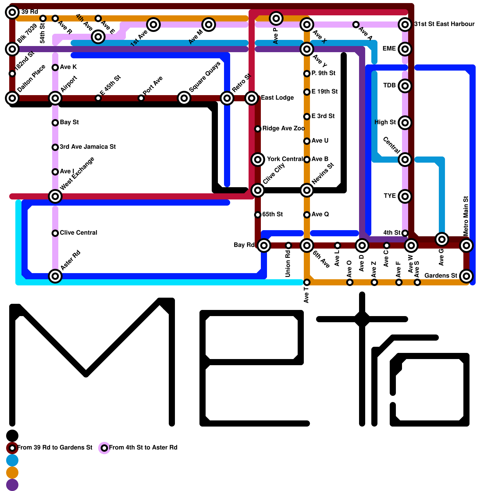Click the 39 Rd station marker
(x=12, y=12)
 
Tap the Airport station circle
(x=55, y=98)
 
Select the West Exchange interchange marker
(x=55, y=196)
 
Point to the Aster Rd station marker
(x=55, y=276)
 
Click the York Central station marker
(x=258, y=160)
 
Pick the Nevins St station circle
(x=307, y=190)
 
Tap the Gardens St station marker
(x=466, y=276)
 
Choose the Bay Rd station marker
(x=264, y=245)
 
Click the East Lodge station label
(x=277, y=98)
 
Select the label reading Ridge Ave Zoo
(x=283, y=129)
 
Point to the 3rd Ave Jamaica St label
(x=87, y=147)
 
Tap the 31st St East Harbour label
(x=444, y=24)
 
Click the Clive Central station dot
(x=55, y=233)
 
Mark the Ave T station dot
(x=307, y=282)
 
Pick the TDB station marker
(x=405, y=86)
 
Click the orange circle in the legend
(x=12, y=473)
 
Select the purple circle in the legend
(x=12, y=485)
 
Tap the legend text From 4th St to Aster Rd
(x=143, y=448)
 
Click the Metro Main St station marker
(x=466, y=245)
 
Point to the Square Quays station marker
(x=184, y=98)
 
